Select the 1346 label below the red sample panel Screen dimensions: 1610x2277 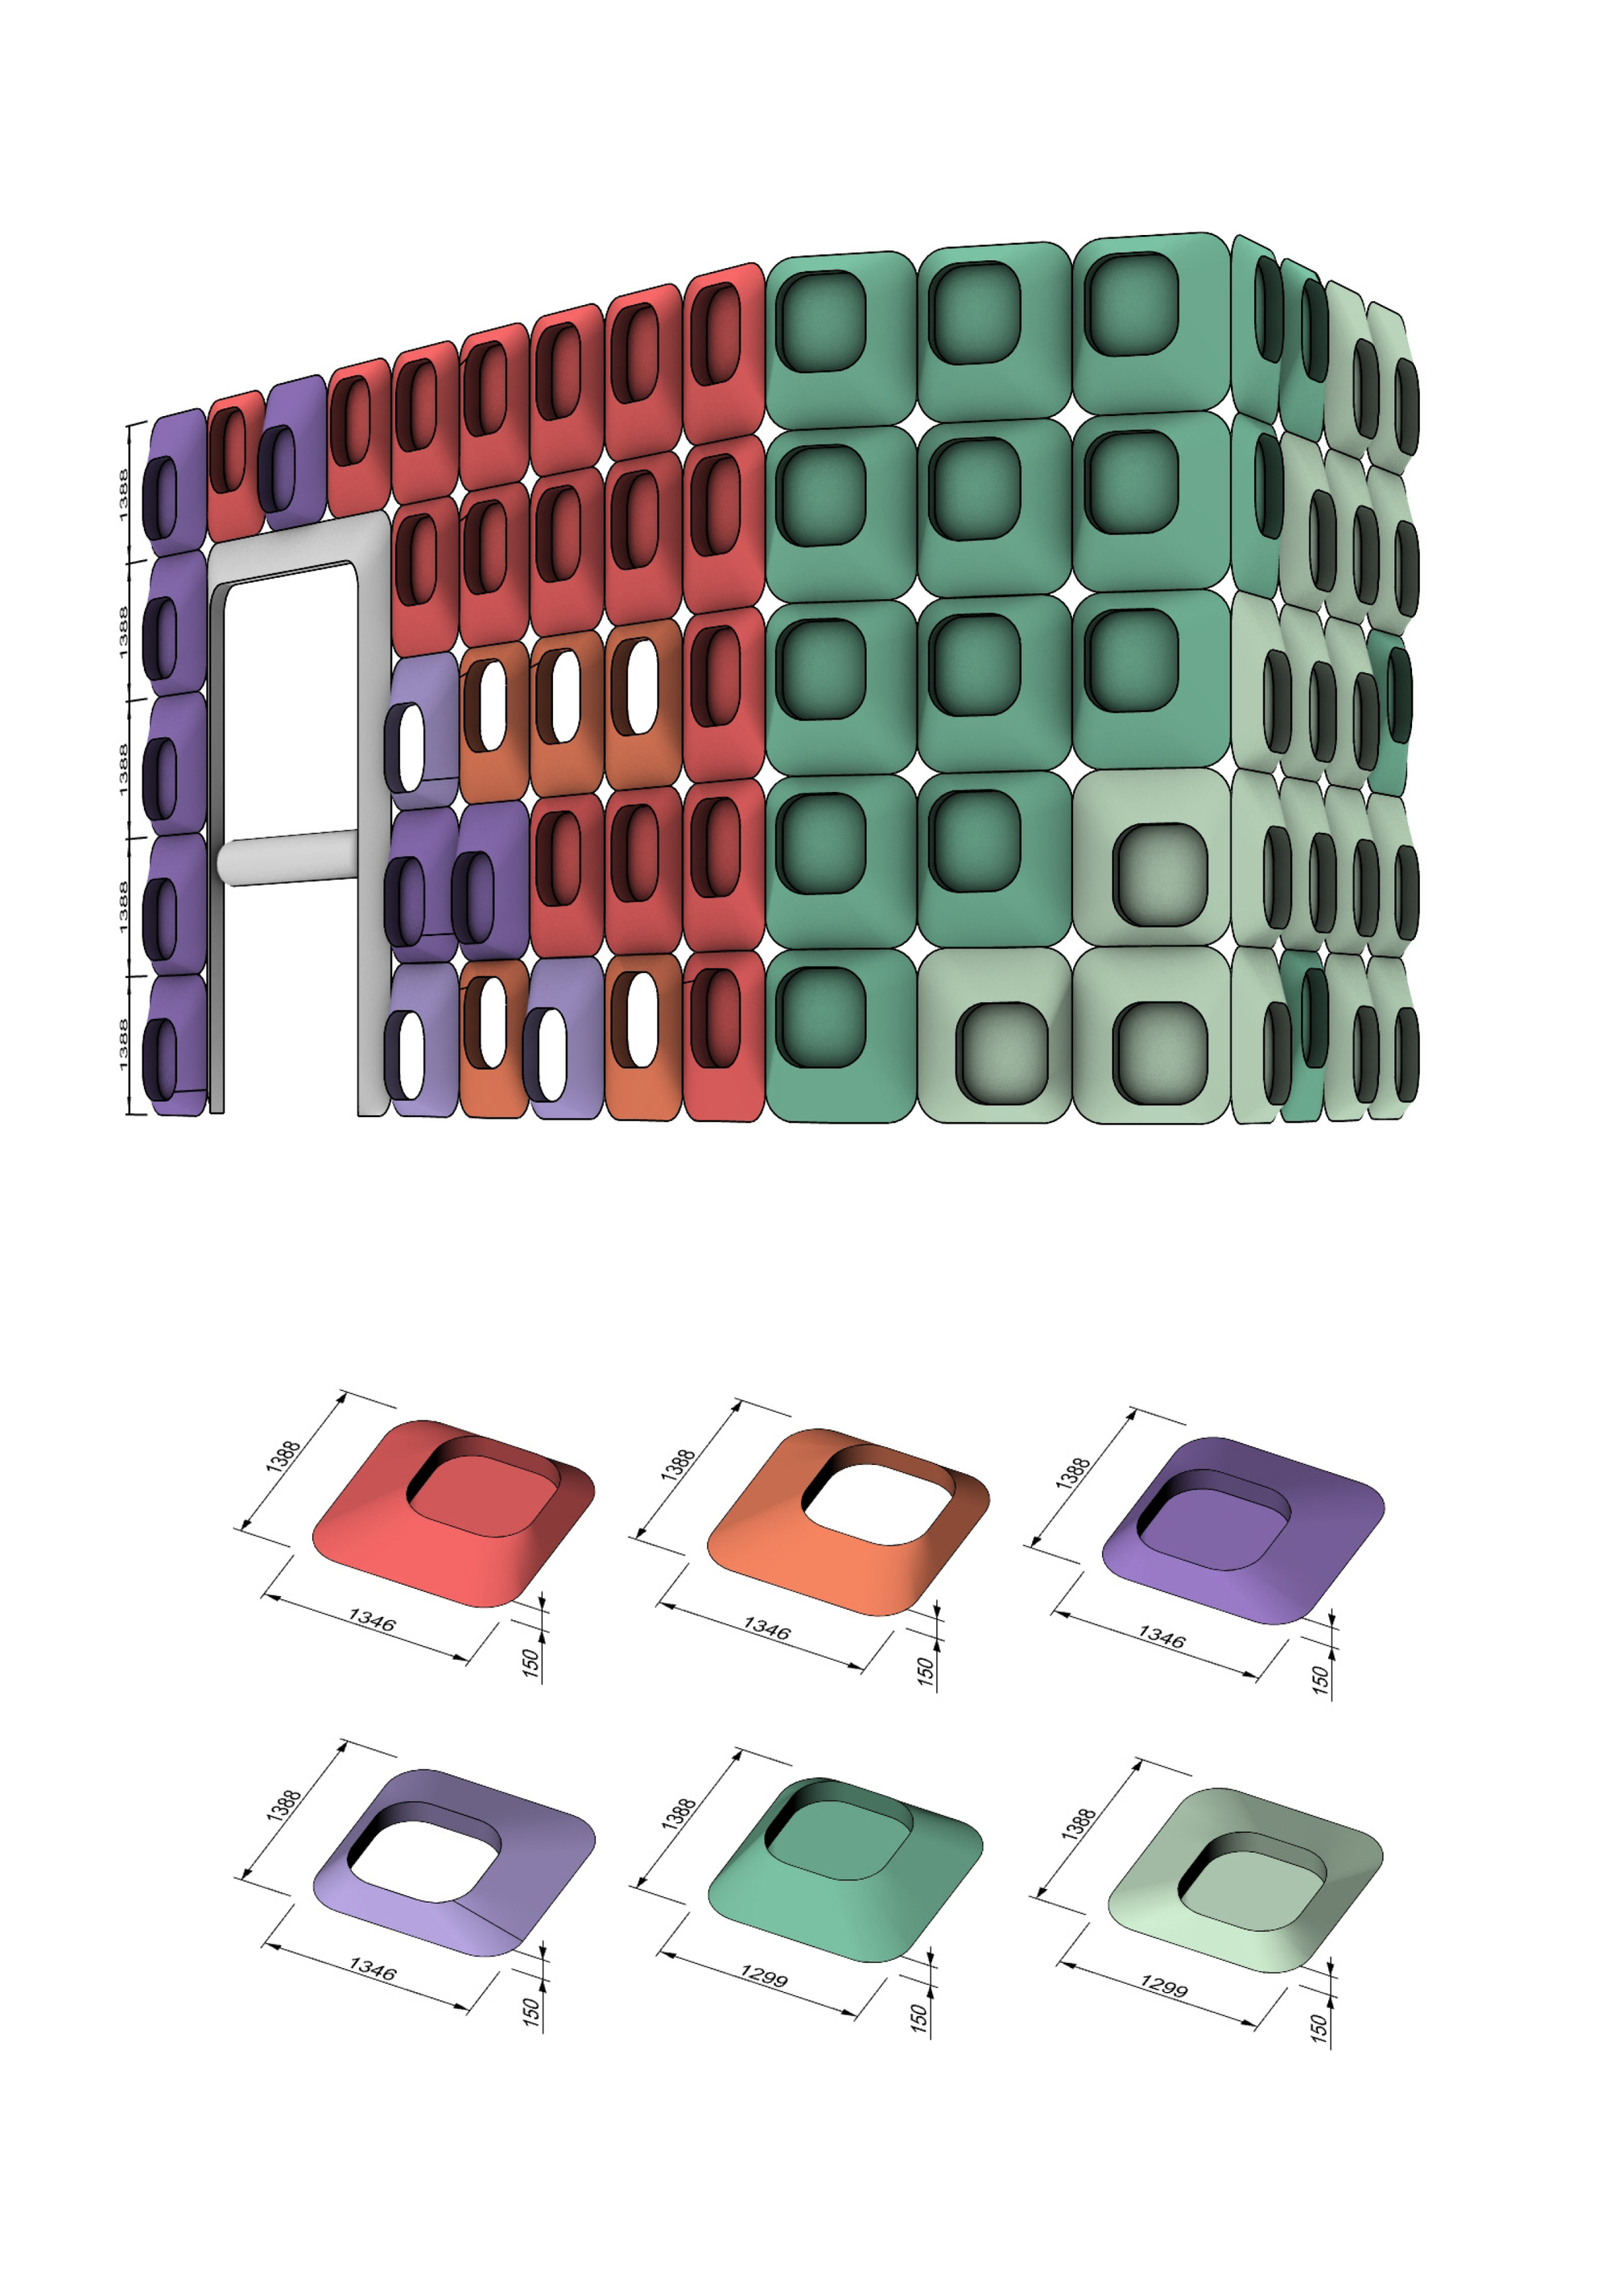tap(372, 1619)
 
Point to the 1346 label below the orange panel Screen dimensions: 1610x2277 tap(768, 1628)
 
